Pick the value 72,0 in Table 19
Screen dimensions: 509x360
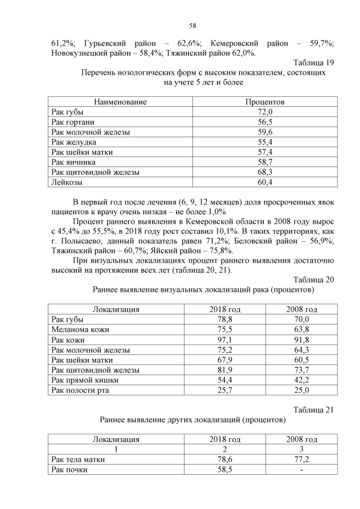tap(265, 112)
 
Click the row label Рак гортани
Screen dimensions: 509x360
tap(73, 122)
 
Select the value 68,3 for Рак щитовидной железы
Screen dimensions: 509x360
tap(265, 172)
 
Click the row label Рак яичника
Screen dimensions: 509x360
tap(74, 162)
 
